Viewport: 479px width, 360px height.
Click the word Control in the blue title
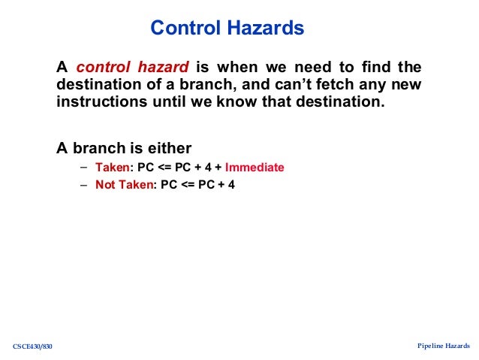pyautogui.click(x=182, y=29)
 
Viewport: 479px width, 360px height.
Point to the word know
pyautogui.click(x=239, y=102)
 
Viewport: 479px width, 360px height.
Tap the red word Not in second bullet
pyautogui.click(x=106, y=185)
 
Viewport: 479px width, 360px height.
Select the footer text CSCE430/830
pyautogui.click(x=33, y=346)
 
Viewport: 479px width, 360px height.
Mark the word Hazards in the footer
pyautogui.click(x=458, y=346)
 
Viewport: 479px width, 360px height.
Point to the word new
pyautogui.click(x=405, y=85)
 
